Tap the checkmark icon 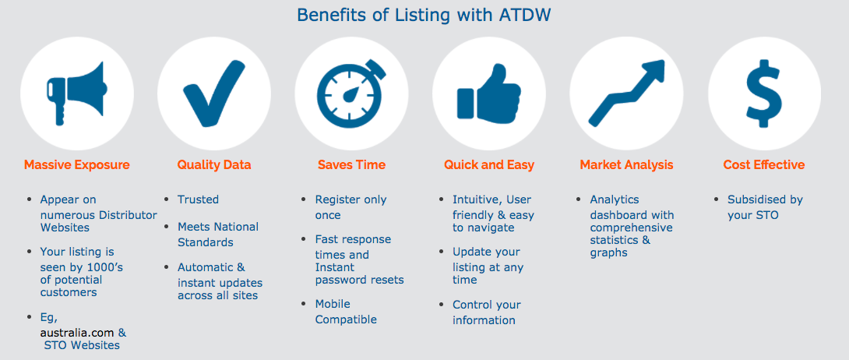[x=214, y=93]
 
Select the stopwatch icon [x=351, y=93]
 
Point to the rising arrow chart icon [x=626, y=93]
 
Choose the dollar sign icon [x=764, y=93]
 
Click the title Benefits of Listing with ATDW [x=424, y=15]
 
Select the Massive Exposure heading [x=77, y=164]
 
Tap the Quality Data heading [x=214, y=164]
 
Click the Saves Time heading [x=351, y=164]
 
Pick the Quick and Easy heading [x=489, y=164]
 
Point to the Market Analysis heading [x=626, y=164]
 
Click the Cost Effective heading [x=764, y=164]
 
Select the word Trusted [x=198, y=199]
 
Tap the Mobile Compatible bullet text [x=346, y=312]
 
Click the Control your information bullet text [x=486, y=312]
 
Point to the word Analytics [x=615, y=199]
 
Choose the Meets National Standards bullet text [x=218, y=235]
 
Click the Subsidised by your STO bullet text [x=765, y=207]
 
